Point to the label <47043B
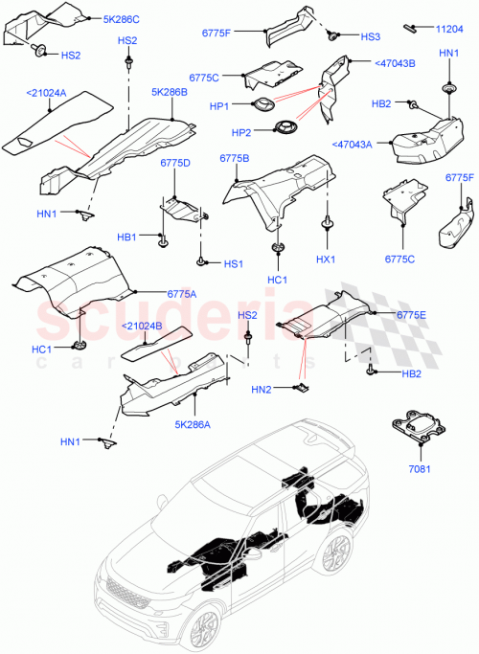[x=367, y=63]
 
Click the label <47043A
[x=358, y=145]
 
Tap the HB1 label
[x=127, y=236]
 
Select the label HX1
[x=326, y=259]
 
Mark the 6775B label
[x=235, y=158]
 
